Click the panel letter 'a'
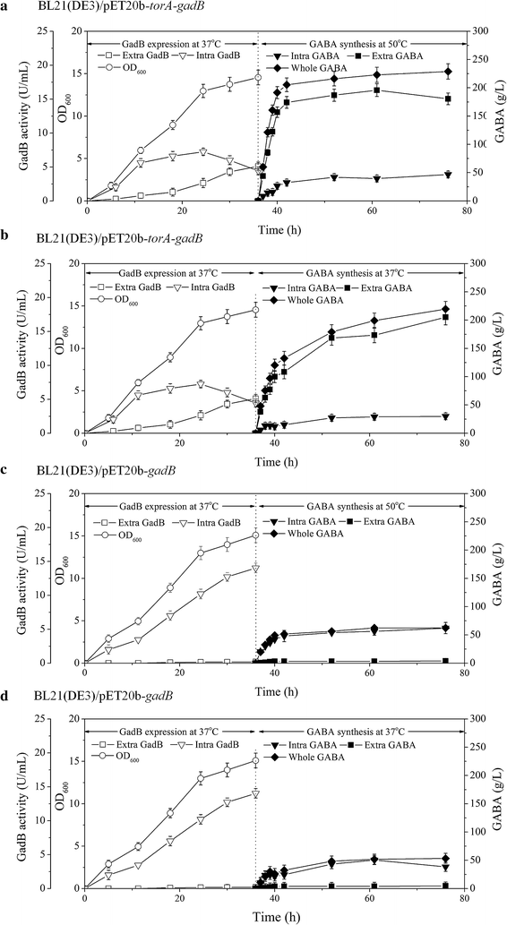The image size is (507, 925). pos(5,6)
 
